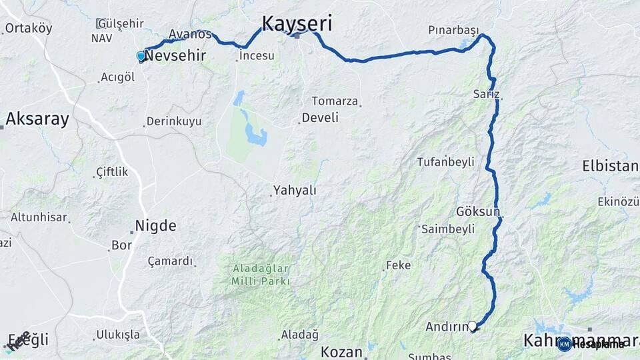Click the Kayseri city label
[297, 23]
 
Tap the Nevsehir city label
[175, 56]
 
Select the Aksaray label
[37, 119]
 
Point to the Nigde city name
[155, 226]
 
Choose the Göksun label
[477, 211]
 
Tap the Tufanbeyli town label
[445, 162]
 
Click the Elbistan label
[610, 166]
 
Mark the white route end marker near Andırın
[473, 326]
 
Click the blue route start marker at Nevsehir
[141, 57]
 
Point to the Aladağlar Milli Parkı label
[261, 275]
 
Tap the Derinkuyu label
[176, 121]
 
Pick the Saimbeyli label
[448, 229]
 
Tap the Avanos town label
[190, 34]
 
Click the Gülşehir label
[120, 23]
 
